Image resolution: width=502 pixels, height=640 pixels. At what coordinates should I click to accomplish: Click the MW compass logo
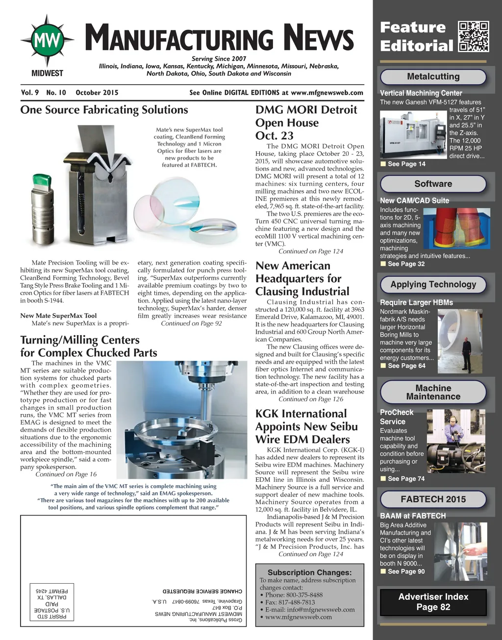[48, 41]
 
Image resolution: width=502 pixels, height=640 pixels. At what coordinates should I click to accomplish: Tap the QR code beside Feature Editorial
[473, 36]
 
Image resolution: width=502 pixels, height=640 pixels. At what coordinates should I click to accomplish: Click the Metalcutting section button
[433, 76]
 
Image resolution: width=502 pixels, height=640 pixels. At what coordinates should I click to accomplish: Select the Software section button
[433, 184]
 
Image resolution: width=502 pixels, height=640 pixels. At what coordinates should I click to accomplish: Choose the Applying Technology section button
[433, 284]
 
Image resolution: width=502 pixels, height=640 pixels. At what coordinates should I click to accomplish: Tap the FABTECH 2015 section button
[433, 499]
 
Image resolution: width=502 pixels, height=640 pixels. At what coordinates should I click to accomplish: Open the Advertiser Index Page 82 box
[433, 602]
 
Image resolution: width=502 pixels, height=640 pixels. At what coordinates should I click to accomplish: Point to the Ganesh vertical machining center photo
[414, 134]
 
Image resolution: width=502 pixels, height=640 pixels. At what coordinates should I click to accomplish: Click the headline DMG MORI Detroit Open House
[306, 123]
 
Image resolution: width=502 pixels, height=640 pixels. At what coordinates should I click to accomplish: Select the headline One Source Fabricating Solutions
[104, 110]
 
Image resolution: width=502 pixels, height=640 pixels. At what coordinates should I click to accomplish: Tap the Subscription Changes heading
[309, 572]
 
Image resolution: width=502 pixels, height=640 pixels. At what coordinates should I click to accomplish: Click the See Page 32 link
[406, 264]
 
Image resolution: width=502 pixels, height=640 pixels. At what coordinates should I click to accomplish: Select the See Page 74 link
[406, 479]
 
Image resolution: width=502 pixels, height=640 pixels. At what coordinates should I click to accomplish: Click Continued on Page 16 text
[66, 474]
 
